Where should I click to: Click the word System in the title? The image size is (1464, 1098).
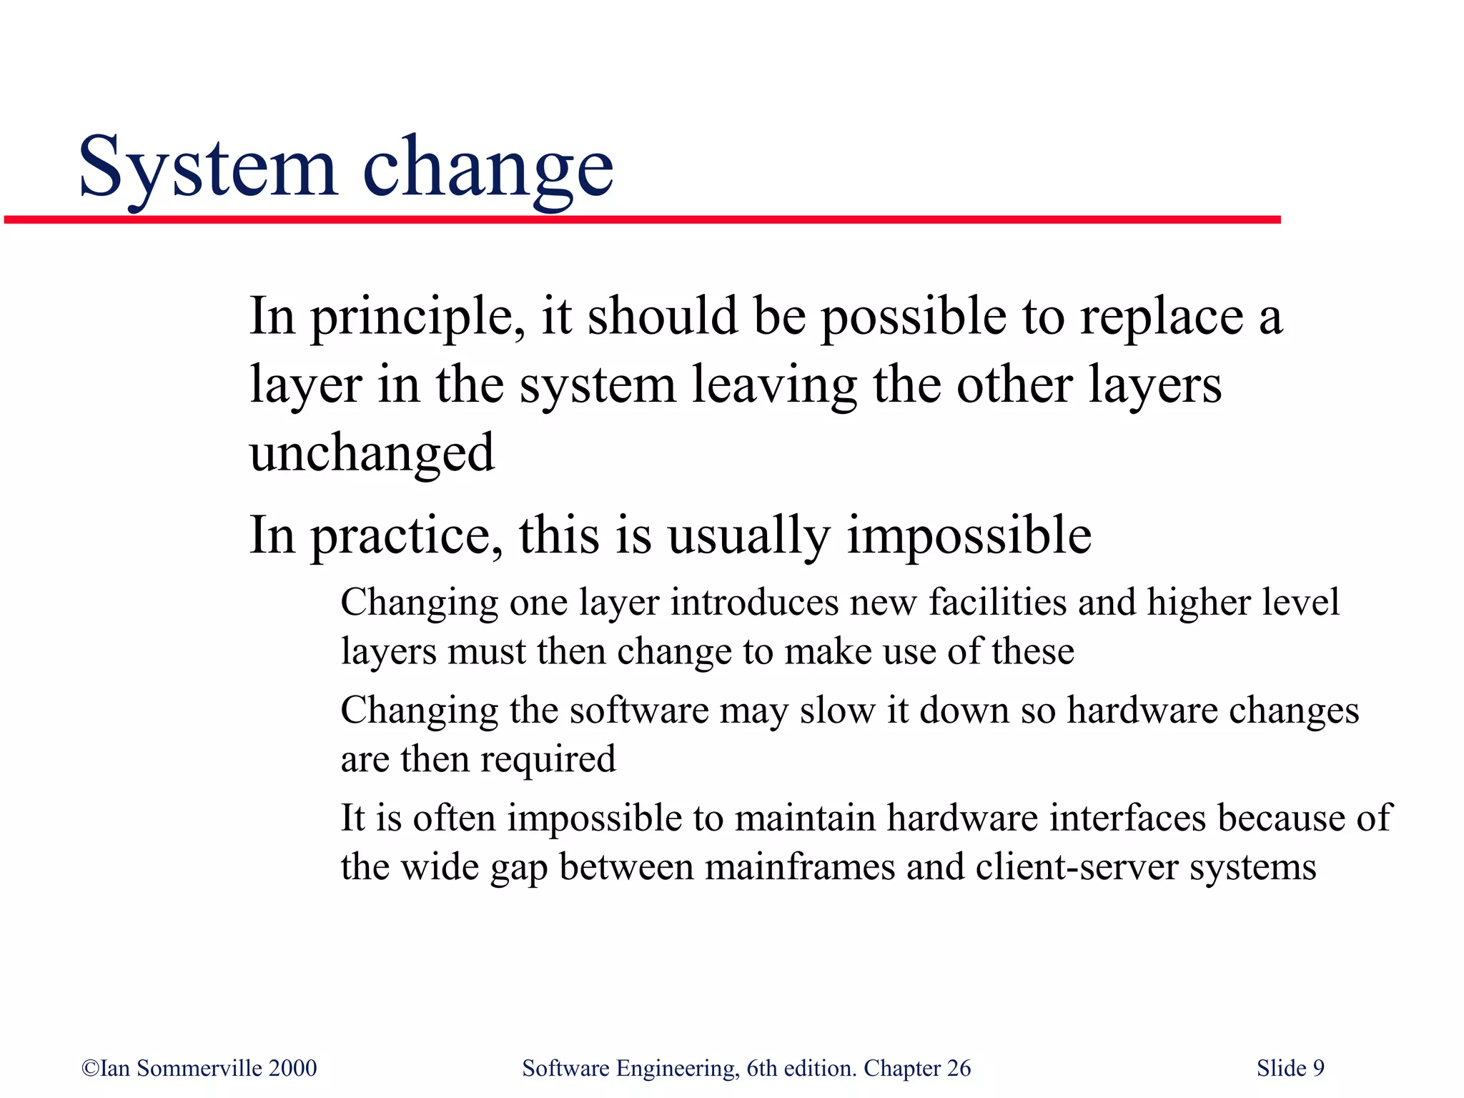click(x=207, y=168)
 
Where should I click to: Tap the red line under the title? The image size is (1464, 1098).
click(x=643, y=219)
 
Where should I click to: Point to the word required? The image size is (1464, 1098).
click(x=548, y=759)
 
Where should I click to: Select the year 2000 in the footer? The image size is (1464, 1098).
click(x=292, y=1068)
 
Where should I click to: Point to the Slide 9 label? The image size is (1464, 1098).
click(x=1290, y=1068)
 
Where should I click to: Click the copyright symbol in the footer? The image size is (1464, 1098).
click(x=90, y=1069)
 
